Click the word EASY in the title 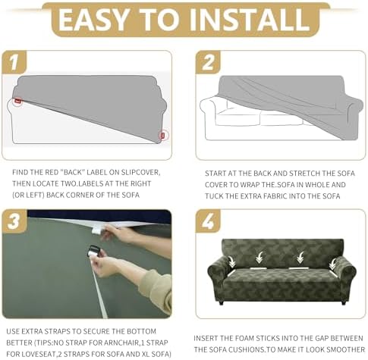pos(93,20)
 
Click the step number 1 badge pos(14,62)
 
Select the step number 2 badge pos(208,62)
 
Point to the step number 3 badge pos(14,221)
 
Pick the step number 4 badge pos(209,221)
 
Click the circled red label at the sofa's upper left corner pos(17,101)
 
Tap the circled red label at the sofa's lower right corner pos(163,136)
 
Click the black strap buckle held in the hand pos(93,251)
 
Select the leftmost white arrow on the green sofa pos(232,261)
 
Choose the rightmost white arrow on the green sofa pos(332,264)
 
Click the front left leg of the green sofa pos(221,302)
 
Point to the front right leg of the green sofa pos(343,302)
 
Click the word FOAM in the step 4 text pos(244,338)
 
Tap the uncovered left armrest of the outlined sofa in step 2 pos(208,108)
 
